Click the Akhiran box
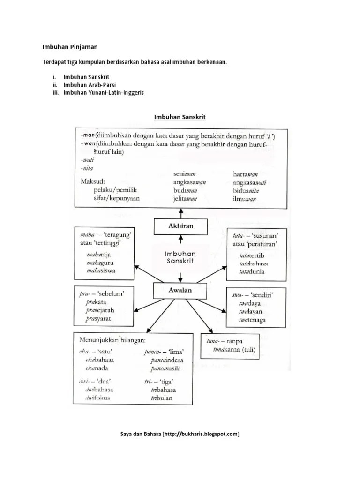[x=180, y=226]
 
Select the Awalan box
[x=180, y=291]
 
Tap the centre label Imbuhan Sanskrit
[x=180, y=256]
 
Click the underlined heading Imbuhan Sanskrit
[x=180, y=116]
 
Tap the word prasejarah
[x=100, y=310]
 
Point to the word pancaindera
[x=167, y=360]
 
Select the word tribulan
[x=162, y=398]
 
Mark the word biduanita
[x=246, y=191]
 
